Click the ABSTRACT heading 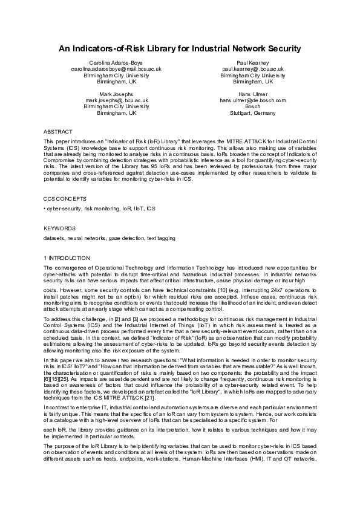58,131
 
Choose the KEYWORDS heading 59,229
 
